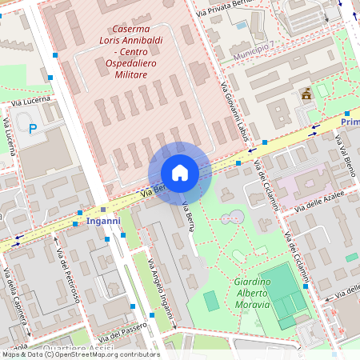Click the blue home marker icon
(180, 173)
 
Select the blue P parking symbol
(33, 128)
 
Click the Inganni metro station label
(103, 220)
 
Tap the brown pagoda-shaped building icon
(306, 94)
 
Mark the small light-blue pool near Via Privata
(242, 25)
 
